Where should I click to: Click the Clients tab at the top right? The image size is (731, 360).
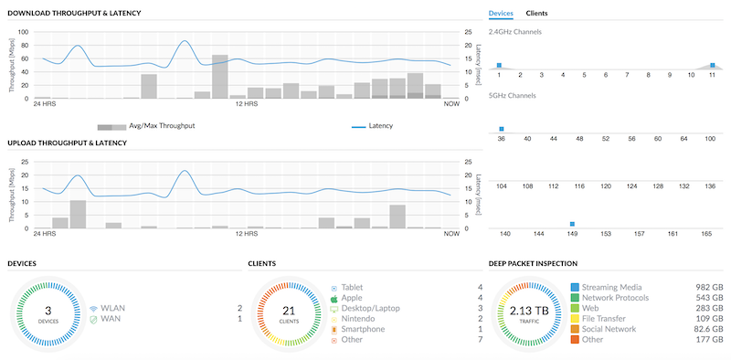[536, 14]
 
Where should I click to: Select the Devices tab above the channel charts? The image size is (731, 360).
[501, 14]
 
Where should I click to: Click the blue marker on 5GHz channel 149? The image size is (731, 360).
[572, 224]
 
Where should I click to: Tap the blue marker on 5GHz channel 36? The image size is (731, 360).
[501, 129]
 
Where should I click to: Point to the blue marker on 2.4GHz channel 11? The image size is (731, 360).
[712, 65]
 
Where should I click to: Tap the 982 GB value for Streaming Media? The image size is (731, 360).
[709, 287]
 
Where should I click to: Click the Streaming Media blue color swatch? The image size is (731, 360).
[575, 287]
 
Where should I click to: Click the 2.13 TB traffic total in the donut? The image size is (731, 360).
[530, 311]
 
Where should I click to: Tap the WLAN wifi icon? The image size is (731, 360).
[94, 309]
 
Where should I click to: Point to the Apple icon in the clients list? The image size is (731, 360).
[334, 298]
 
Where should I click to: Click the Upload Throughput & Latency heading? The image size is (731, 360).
[67, 143]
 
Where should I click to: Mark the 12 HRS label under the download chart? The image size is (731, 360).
[245, 103]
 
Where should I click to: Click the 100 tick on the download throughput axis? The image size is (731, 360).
[25, 32]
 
